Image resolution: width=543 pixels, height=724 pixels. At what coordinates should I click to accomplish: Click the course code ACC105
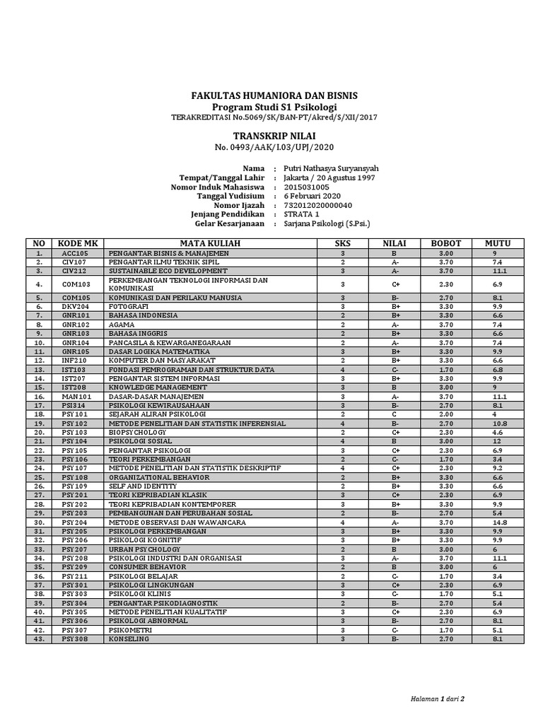pos(74,252)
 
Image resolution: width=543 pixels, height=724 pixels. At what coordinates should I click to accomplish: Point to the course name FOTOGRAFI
pos(128,307)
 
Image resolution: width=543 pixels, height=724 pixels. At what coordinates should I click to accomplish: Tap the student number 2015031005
pos(306,187)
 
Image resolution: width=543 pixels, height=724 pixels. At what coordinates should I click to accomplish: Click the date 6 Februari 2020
pos(312,196)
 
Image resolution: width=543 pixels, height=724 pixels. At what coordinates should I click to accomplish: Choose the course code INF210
pos(74,361)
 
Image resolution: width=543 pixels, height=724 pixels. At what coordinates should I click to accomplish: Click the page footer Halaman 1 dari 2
pos(438,699)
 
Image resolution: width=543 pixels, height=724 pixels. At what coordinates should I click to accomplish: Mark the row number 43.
pos(40,639)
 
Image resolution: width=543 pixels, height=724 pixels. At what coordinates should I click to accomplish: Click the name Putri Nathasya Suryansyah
pos(331,168)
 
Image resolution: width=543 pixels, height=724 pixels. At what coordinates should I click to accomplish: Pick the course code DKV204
pos(74,307)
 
